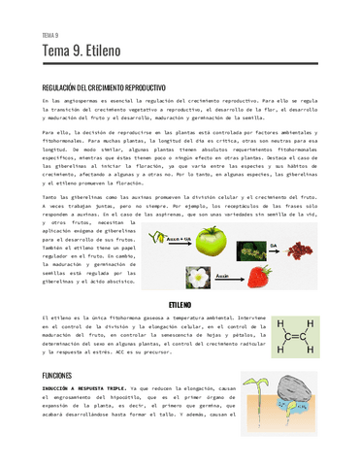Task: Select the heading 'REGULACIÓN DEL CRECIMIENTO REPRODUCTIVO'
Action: [x=108, y=85]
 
